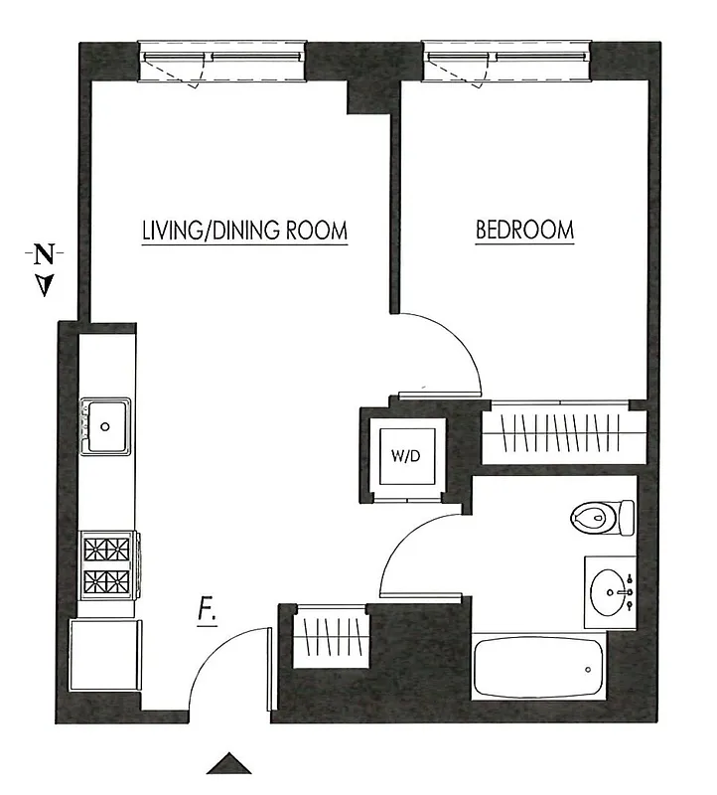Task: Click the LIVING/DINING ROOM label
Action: [244, 231]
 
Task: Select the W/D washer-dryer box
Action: [404, 457]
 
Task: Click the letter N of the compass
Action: [44, 254]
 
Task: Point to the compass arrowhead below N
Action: [44, 286]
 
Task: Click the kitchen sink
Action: [106, 425]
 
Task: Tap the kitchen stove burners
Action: [108, 563]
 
